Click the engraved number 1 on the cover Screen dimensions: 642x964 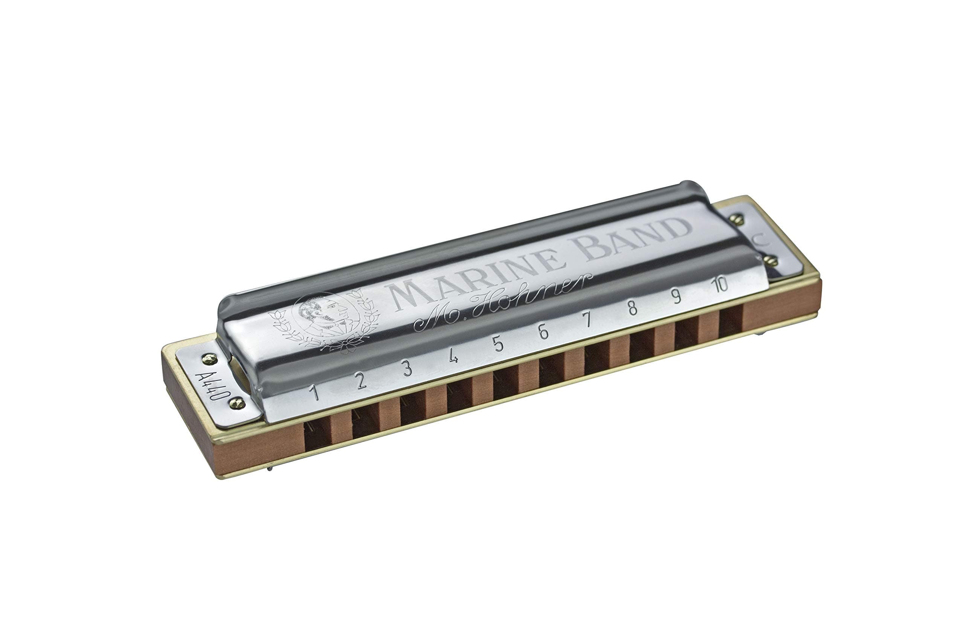[314, 392]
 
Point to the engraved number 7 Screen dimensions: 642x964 [588, 319]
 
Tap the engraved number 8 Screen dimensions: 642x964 [632, 308]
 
